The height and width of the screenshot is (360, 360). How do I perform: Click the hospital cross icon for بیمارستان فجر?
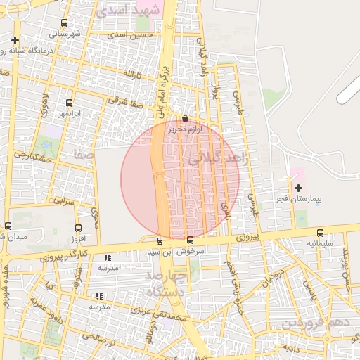298,188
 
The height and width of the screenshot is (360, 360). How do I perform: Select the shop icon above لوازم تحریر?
185,118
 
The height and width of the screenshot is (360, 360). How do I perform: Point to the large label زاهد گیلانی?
219,159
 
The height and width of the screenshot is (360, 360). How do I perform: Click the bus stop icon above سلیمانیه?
321,233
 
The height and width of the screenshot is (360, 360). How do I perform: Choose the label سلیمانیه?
321,244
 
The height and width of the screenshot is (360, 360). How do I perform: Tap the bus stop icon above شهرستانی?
65,23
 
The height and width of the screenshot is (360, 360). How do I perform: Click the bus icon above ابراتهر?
69,103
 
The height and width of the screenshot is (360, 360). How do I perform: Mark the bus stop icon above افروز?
78,227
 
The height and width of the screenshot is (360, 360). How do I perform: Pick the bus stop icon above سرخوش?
189,240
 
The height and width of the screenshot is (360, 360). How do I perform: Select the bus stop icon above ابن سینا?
160,240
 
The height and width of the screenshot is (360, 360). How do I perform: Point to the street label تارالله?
133,74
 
